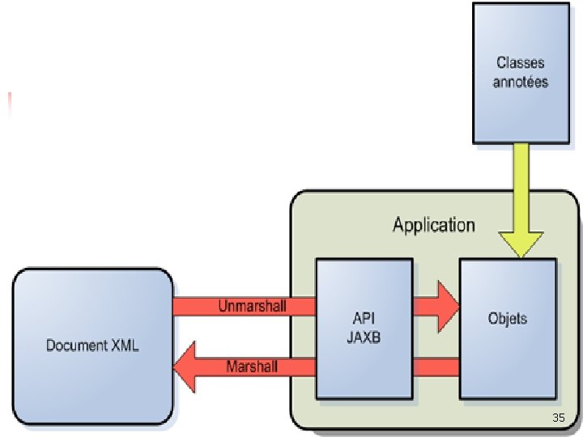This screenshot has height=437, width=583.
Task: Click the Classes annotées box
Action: click(x=521, y=73)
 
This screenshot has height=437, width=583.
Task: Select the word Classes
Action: click(x=521, y=62)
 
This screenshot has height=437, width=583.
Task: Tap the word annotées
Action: click(x=521, y=82)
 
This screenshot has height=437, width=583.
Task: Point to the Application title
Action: click(x=434, y=224)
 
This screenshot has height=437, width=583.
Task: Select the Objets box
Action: click(x=508, y=328)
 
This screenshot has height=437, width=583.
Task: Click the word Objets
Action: click(x=508, y=318)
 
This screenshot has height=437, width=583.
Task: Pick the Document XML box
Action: click(x=91, y=346)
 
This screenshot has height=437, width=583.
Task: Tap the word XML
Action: click(x=125, y=346)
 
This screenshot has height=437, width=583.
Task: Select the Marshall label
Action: click(x=252, y=367)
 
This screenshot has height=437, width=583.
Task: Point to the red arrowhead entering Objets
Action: click(x=448, y=307)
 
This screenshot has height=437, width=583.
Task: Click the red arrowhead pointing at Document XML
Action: click(x=187, y=367)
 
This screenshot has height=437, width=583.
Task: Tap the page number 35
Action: click(x=557, y=418)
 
